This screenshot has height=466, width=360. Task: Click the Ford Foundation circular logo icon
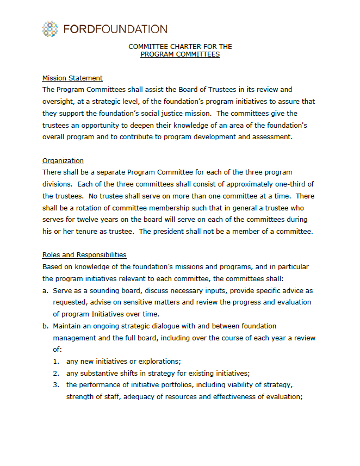pyautogui.click(x=50, y=29)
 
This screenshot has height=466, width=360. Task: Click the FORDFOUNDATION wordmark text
pyautogui.click(x=115, y=29)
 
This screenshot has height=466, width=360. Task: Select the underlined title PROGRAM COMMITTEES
pyautogui.click(x=180, y=54)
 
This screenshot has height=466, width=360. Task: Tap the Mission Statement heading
pyautogui.click(x=72, y=78)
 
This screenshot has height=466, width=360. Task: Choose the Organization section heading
pyautogui.click(x=63, y=160)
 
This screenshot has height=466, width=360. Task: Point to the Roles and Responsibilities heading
pyautogui.click(x=84, y=254)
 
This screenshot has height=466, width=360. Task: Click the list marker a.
pyautogui.click(x=45, y=290)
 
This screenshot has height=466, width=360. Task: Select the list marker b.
pyautogui.click(x=45, y=326)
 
